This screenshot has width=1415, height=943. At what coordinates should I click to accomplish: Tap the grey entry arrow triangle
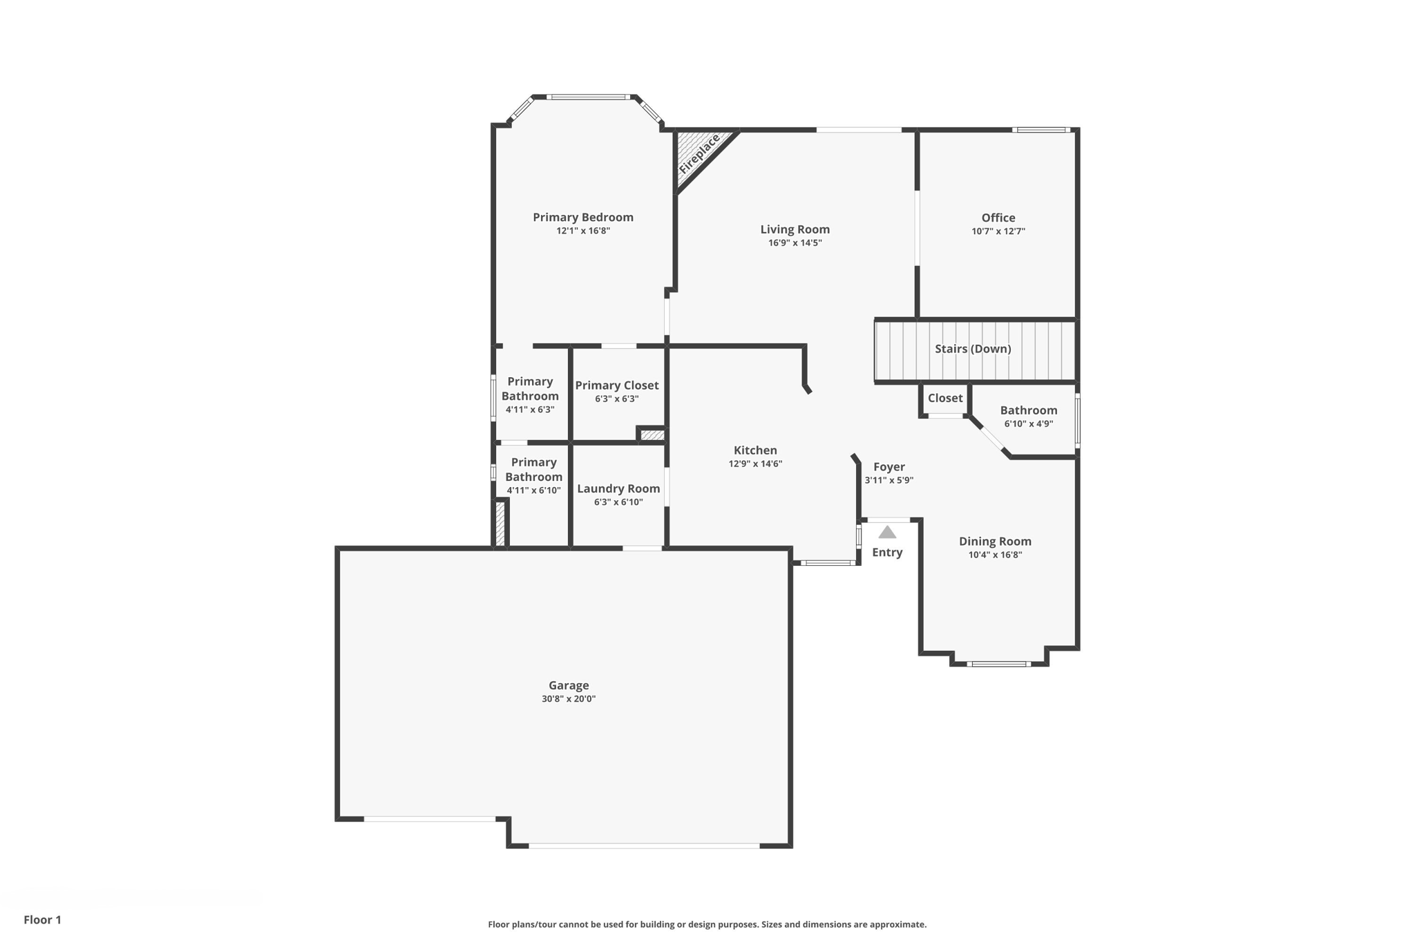(887, 532)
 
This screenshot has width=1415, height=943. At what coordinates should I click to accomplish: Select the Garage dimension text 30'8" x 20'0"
(569, 699)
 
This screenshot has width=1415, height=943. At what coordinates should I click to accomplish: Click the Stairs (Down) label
(973, 349)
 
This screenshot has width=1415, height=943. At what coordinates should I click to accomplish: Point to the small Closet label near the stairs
(944, 398)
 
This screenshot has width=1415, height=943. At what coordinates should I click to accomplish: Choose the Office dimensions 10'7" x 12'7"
(998, 231)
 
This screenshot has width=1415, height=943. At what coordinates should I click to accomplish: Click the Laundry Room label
(618, 488)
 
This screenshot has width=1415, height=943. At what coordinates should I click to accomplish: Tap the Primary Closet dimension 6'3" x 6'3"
(616, 399)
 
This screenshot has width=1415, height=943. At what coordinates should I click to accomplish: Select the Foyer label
(889, 467)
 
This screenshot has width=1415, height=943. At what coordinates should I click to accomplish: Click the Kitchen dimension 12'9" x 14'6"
(755, 464)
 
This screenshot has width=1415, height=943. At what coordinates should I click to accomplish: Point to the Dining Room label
(995, 542)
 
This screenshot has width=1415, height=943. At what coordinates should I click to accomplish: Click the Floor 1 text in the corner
(42, 920)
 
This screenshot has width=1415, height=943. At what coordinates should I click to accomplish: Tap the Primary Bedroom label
(583, 217)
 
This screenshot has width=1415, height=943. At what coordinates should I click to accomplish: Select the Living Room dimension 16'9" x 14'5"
(795, 243)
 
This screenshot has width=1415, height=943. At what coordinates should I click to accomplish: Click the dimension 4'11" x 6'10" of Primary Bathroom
(533, 490)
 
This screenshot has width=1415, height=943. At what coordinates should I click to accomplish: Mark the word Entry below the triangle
(887, 552)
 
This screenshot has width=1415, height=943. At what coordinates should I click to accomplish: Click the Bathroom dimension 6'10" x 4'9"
(1029, 424)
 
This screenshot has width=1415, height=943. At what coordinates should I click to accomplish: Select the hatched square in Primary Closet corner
(652, 435)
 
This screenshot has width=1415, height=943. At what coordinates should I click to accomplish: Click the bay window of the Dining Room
(999, 664)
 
